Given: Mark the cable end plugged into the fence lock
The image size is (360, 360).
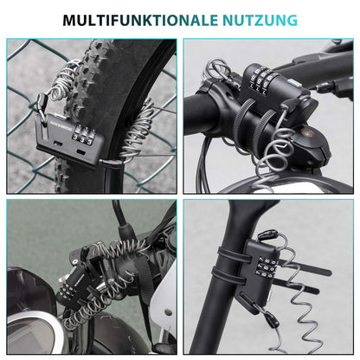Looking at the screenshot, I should coord(107,160).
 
